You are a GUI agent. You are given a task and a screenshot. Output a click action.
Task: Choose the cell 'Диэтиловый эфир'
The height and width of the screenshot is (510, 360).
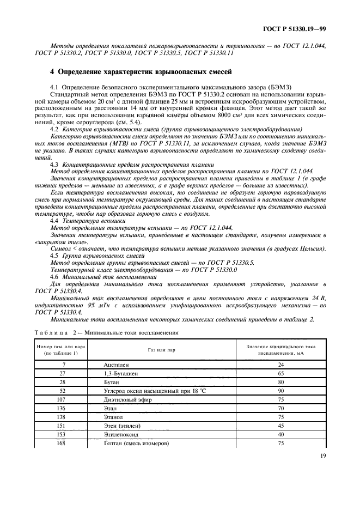(x=126, y=399)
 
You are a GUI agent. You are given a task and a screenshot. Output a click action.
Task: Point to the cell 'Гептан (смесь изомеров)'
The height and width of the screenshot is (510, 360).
(x=136, y=444)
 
